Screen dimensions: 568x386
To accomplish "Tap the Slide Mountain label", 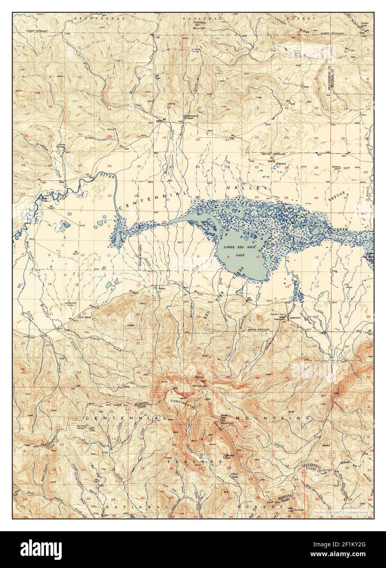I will (x=227, y=420).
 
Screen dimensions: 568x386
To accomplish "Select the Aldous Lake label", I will (x=235, y=475).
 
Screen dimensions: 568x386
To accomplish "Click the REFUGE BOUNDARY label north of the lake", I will (x=273, y=154).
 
